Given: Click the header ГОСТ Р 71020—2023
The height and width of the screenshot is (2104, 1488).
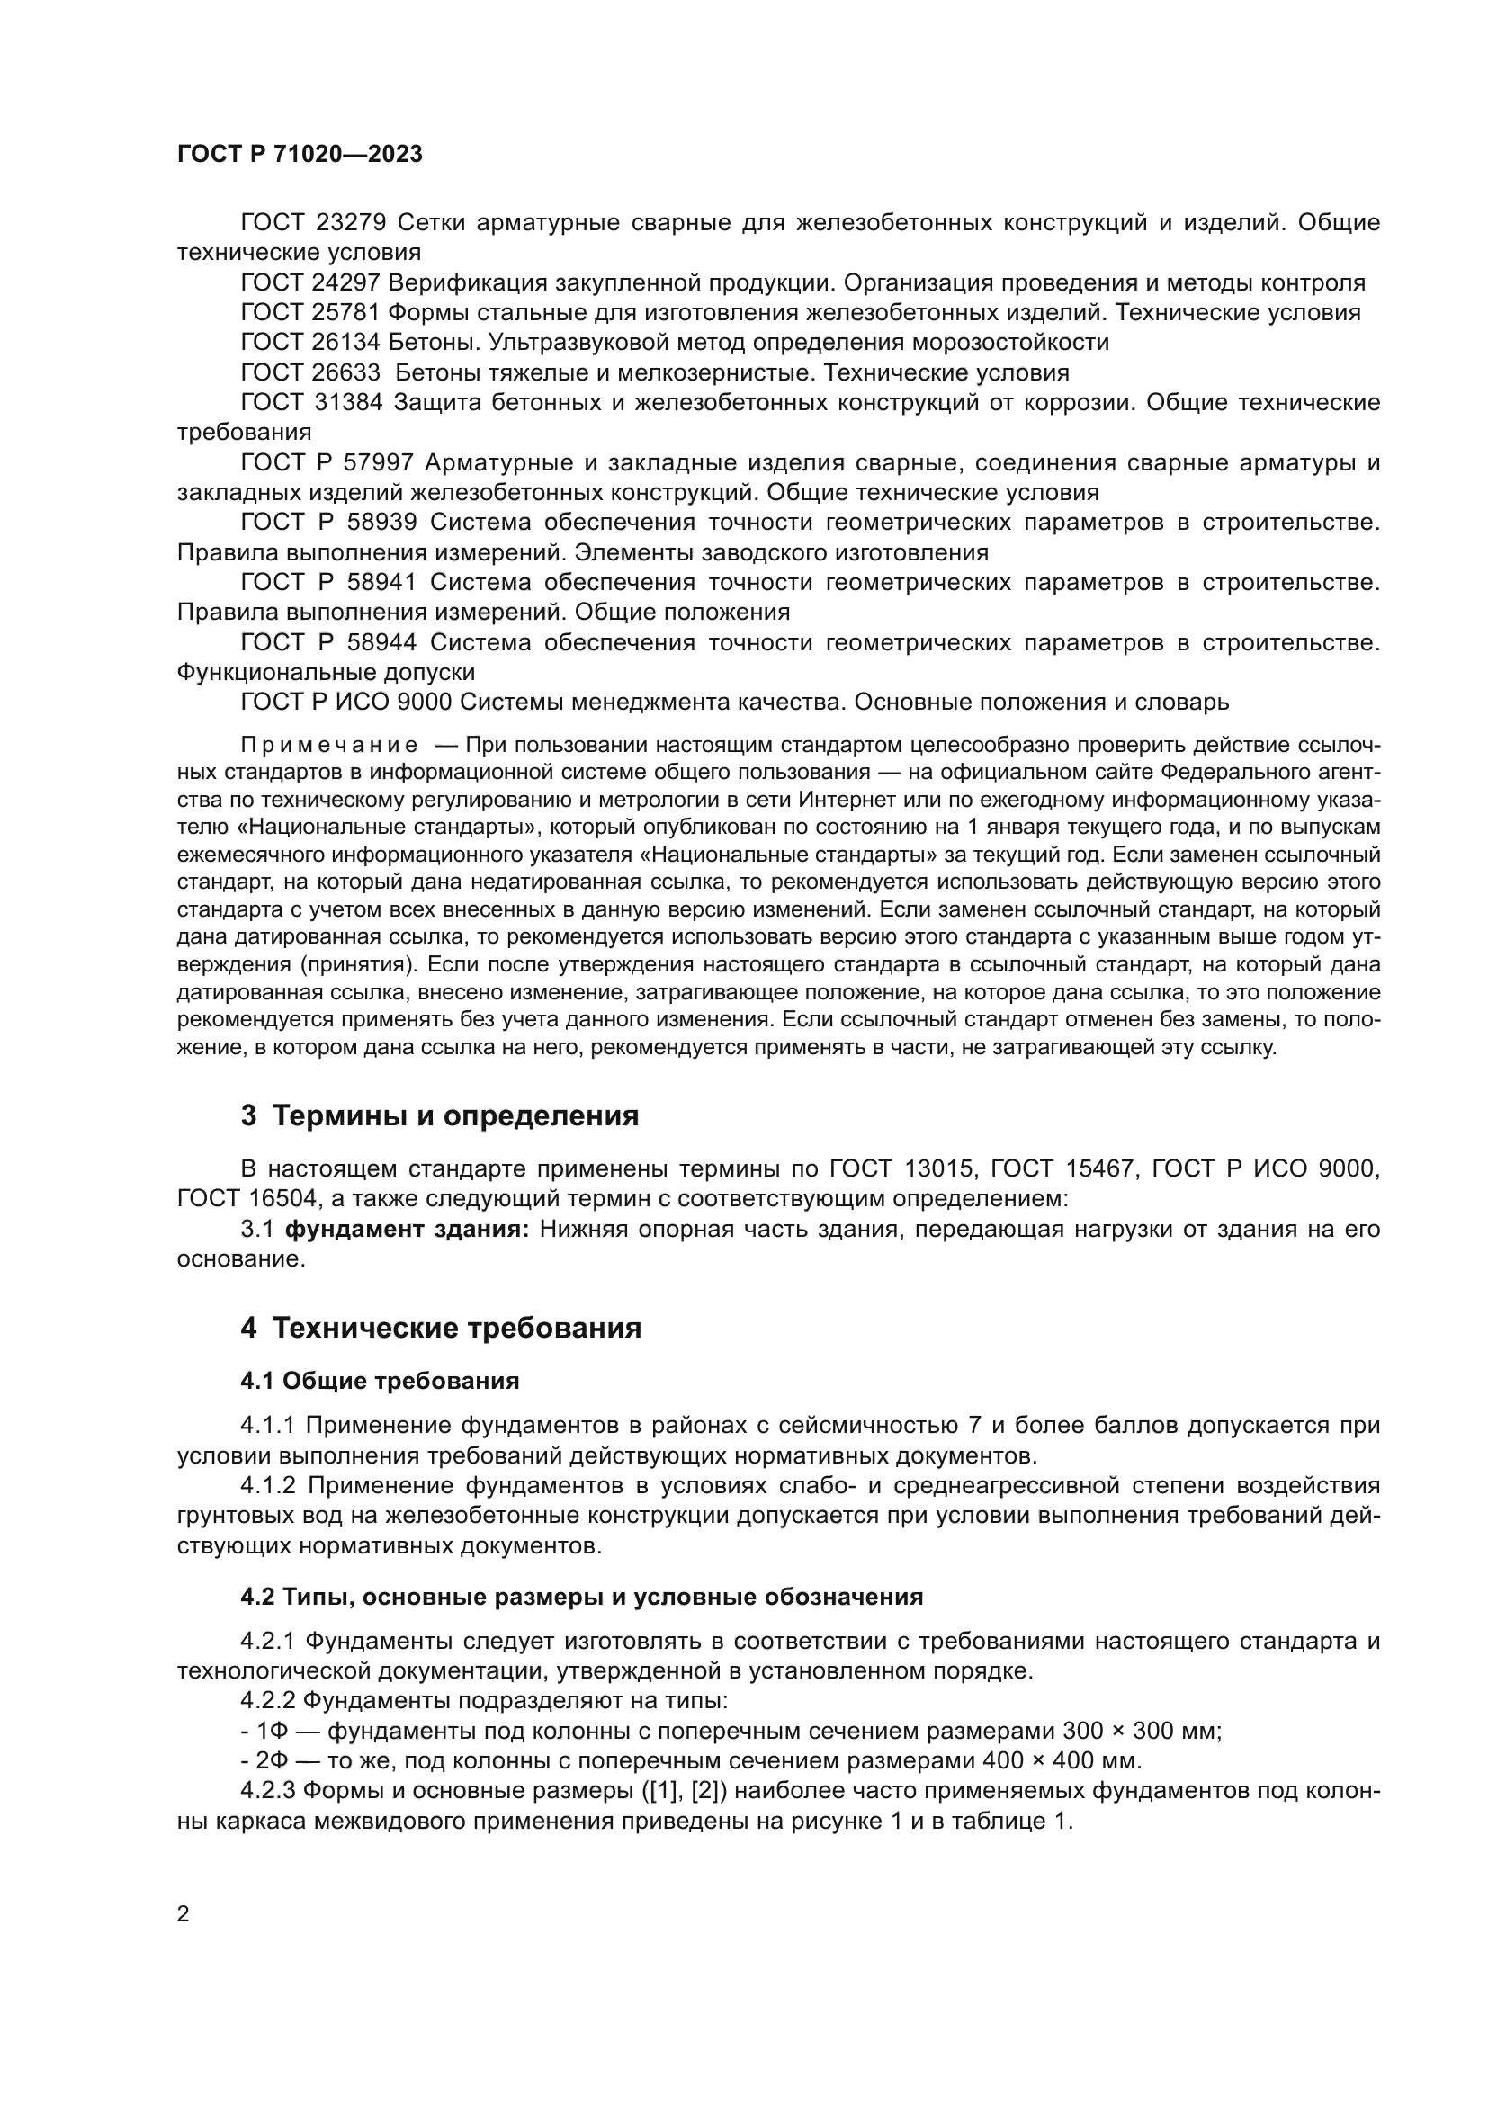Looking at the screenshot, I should [x=300, y=155].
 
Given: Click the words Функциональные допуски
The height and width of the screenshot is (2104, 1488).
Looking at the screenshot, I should [x=326, y=673].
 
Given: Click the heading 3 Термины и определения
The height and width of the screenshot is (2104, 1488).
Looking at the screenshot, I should [x=439, y=1116].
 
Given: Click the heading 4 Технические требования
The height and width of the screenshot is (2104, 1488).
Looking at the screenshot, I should [x=441, y=1328].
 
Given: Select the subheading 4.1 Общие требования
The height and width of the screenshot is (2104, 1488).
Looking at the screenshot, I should [x=380, y=1381].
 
